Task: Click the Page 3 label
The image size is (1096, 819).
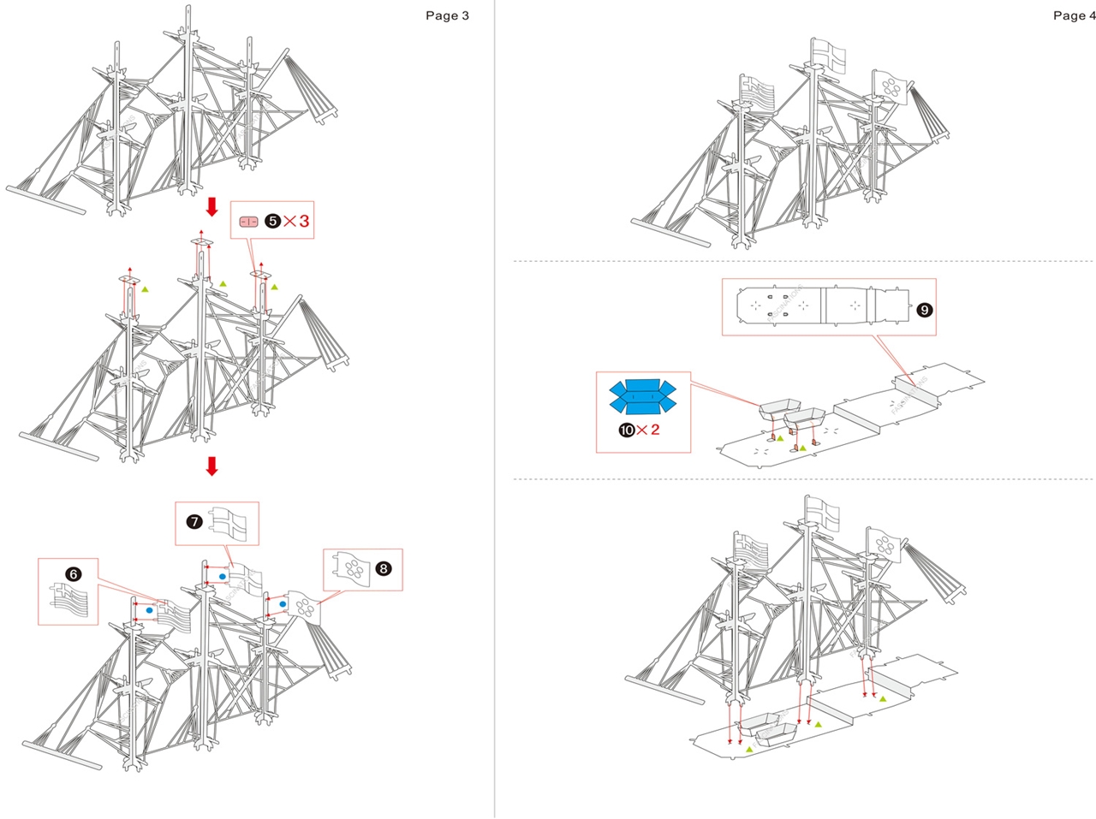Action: (x=447, y=15)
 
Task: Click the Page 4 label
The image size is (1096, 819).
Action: (x=1073, y=15)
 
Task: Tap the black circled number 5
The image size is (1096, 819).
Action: (x=272, y=221)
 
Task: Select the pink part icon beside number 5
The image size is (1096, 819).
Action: (x=248, y=222)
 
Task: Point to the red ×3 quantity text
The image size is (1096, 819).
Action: (x=296, y=221)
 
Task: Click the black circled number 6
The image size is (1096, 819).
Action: (x=74, y=573)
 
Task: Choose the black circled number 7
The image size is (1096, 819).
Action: (x=194, y=520)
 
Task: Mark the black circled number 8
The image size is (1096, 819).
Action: (x=383, y=568)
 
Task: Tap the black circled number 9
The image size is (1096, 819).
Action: (x=924, y=310)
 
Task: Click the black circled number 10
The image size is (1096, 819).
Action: (x=627, y=430)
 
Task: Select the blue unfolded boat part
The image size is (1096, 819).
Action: (x=642, y=396)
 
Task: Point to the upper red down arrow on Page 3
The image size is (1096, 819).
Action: (x=212, y=207)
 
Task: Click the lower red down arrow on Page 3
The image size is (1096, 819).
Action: (x=212, y=466)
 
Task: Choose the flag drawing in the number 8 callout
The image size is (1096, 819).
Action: (x=352, y=567)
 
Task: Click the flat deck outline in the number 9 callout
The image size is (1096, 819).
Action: (x=822, y=305)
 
